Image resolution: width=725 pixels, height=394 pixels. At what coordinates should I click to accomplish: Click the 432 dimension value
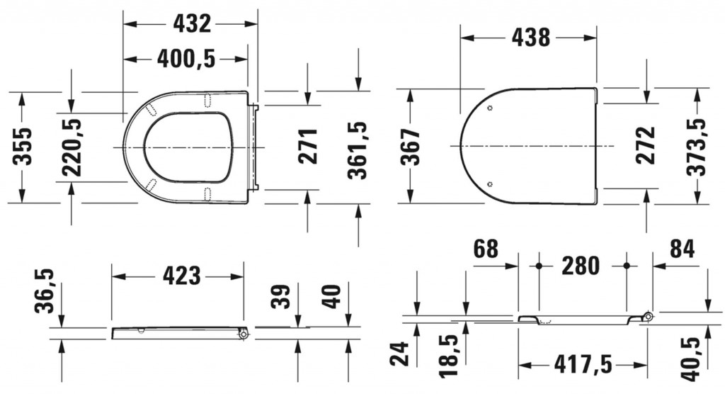click(192, 23)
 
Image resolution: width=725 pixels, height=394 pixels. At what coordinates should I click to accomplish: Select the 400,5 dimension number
click(186, 59)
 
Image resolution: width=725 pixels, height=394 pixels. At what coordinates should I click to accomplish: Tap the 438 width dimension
click(531, 37)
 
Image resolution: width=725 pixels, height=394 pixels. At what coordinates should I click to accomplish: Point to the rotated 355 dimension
click(22, 146)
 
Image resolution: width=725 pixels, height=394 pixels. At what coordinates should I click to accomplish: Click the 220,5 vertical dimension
click(72, 147)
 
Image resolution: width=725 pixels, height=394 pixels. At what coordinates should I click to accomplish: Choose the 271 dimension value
click(307, 146)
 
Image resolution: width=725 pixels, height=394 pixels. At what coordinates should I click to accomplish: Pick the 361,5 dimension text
click(358, 150)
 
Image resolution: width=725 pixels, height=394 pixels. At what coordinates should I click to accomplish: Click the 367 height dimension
click(411, 147)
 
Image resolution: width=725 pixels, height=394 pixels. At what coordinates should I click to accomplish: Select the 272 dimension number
click(646, 145)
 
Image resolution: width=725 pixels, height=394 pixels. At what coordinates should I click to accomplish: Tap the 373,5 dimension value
click(697, 147)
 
